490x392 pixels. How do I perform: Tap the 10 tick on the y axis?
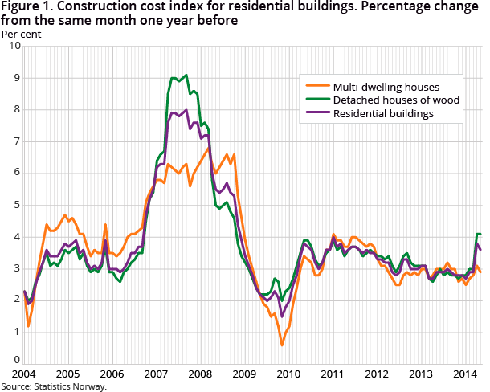[14, 46]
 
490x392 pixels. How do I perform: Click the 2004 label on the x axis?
[24, 374]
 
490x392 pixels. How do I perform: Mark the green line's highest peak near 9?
[186, 75]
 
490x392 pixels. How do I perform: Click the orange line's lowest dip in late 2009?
[282, 345]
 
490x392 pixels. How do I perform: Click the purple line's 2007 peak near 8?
[186, 110]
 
